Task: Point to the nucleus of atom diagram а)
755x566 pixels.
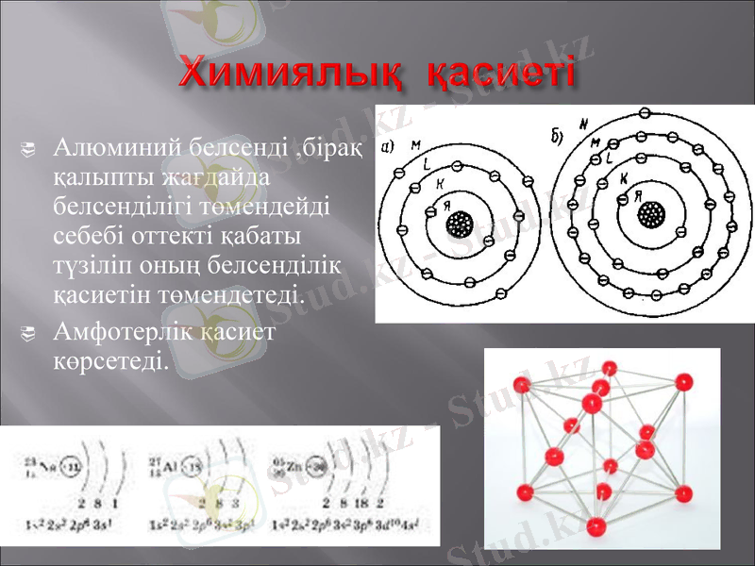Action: click(x=461, y=224)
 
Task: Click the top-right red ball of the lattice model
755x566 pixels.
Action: click(x=681, y=381)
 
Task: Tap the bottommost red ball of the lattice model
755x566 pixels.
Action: click(x=595, y=527)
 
